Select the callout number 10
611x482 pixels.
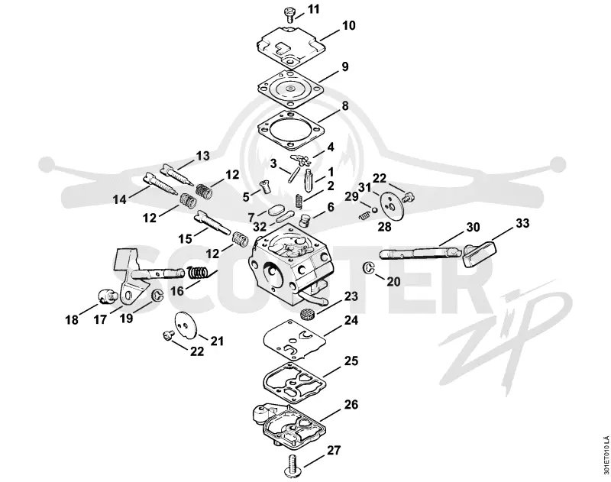click(x=349, y=25)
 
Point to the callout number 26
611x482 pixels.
click(x=351, y=404)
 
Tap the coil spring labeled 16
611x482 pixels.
click(x=198, y=273)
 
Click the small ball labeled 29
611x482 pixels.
click(x=374, y=209)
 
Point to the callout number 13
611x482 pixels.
click(x=202, y=156)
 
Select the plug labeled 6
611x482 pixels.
click(x=304, y=221)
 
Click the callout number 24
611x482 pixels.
click(x=351, y=320)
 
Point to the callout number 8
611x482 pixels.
click(x=345, y=105)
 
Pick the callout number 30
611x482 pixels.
click(x=473, y=227)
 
